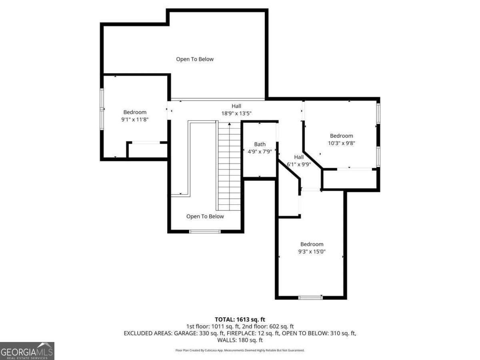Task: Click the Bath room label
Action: pyautogui.click(x=260, y=144)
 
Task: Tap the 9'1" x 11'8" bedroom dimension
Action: pyautogui.click(x=134, y=119)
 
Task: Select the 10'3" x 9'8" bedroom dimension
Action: pyautogui.click(x=341, y=143)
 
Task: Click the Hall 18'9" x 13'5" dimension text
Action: pyautogui.click(x=236, y=113)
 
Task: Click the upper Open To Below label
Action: pyautogui.click(x=195, y=59)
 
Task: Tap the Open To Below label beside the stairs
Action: pyautogui.click(x=205, y=216)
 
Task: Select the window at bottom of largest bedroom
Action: pyautogui.click(x=310, y=297)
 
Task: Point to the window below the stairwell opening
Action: pyautogui.click(x=205, y=231)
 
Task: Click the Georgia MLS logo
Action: pyautogui.click(x=27, y=351)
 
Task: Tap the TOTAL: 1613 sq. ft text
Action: pyautogui.click(x=240, y=319)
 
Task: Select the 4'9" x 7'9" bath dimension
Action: pyautogui.click(x=260, y=151)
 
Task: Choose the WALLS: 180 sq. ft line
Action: pyautogui.click(x=240, y=340)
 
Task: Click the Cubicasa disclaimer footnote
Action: pyautogui.click(x=240, y=350)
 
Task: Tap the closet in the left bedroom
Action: pyautogui.click(x=147, y=150)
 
